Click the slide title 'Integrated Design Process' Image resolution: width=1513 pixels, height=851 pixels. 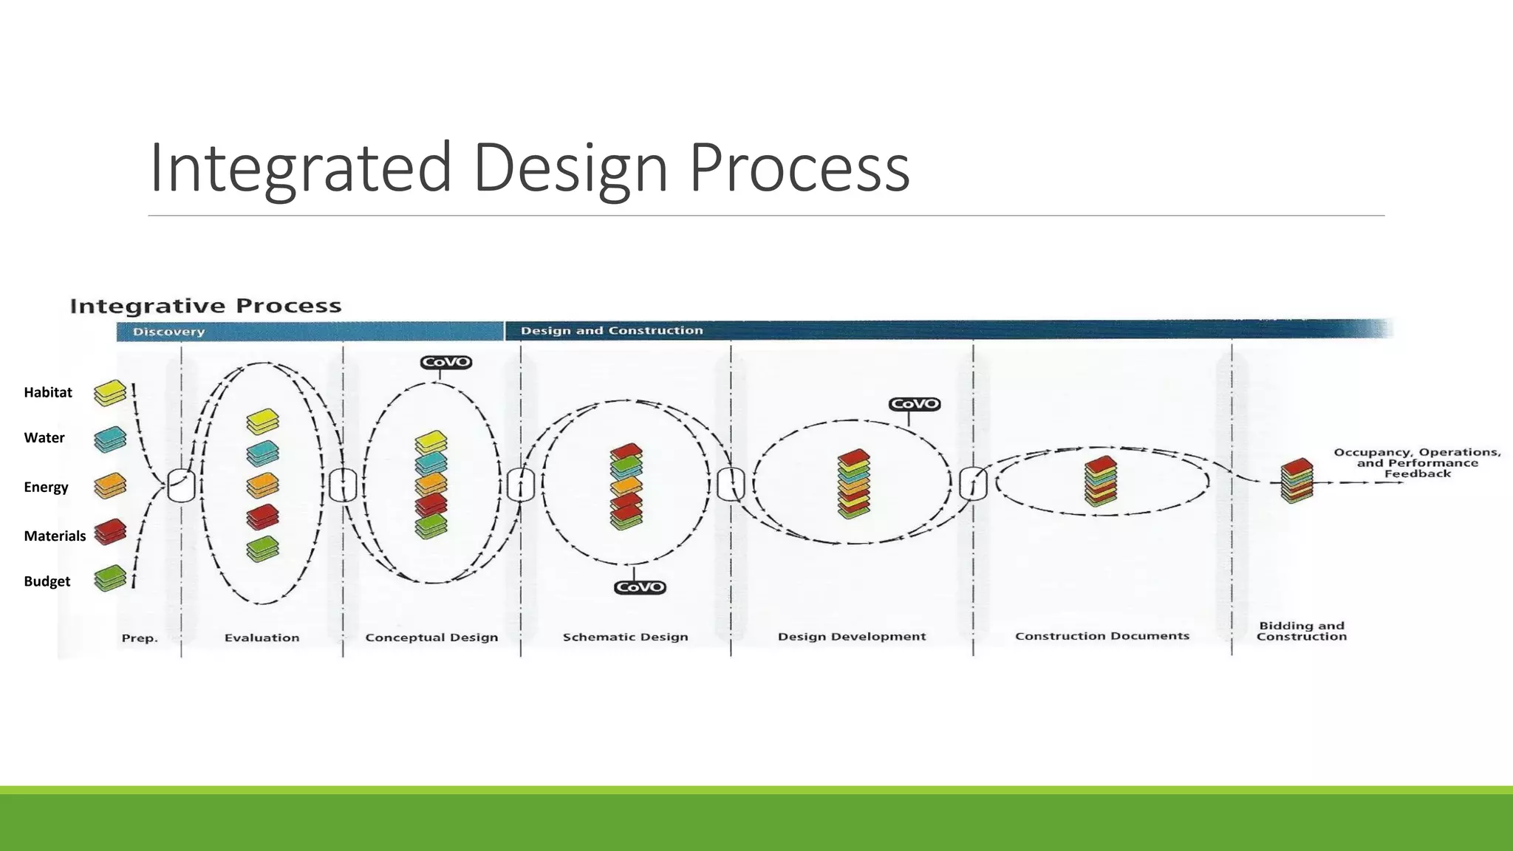click(x=529, y=168)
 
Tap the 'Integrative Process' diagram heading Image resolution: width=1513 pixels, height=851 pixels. click(x=205, y=306)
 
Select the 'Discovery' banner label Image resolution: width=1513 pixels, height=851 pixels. click(x=168, y=332)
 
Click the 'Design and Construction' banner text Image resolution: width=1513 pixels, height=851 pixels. click(x=612, y=330)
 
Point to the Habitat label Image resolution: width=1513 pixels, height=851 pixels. click(x=48, y=392)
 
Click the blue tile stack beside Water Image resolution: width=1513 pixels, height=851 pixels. click(x=110, y=440)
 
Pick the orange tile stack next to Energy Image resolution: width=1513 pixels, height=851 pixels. click(x=110, y=486)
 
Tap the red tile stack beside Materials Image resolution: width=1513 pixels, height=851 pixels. click(x=110, y=532)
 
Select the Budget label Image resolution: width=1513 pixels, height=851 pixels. click(x=47, y=581)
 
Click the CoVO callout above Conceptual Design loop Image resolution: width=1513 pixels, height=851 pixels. click(x=445, y=362)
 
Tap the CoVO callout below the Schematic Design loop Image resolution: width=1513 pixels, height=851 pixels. click(x=640, y=587)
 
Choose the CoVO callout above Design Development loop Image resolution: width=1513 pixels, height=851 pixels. click(x=915, y=404)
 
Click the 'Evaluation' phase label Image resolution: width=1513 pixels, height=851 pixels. click(x=262, y=638)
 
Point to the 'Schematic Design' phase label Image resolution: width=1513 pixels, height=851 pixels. click(x=625, y=637)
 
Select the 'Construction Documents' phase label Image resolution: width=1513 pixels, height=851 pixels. click(x=1102, y=636)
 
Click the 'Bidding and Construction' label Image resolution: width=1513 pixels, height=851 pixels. click(x=1302, y=631)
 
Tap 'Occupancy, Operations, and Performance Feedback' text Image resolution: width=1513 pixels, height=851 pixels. click(x=1417, y=463)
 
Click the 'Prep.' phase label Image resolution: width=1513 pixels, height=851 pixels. click(x=140, y=638)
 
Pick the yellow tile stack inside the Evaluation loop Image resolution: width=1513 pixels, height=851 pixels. click(x=262, y=422)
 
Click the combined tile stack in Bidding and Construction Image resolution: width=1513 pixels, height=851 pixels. click(x=1297, y=480)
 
